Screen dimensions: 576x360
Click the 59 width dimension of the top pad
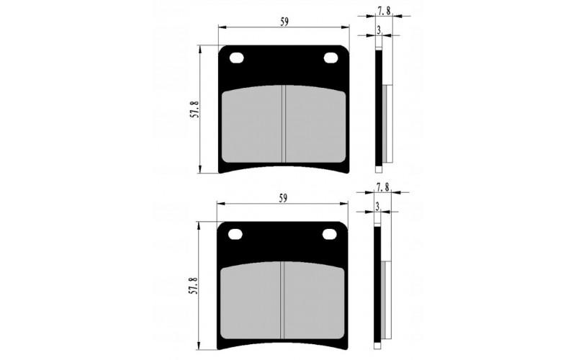pos(284,22)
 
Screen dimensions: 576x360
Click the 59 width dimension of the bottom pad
pos(283,199)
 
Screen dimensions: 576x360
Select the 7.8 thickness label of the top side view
pos(384,11)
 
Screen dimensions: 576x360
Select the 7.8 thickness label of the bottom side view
pos(382,187)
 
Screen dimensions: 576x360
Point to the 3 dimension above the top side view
pos(379,30)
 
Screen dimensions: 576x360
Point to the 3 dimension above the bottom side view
pos(377,207)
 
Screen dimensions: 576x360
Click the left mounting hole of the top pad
pos(237,58)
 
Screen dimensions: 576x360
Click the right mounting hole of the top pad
pos(331,58)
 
